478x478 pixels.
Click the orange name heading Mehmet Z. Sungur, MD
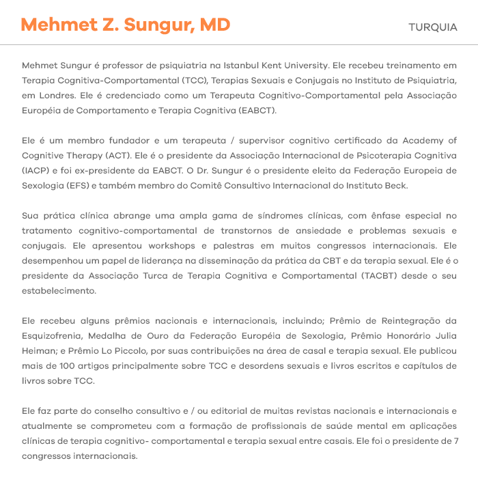point(125,26)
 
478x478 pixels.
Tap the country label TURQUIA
point(432,27)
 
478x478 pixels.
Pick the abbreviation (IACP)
point(36,170)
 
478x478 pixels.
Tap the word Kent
point(285,66)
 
